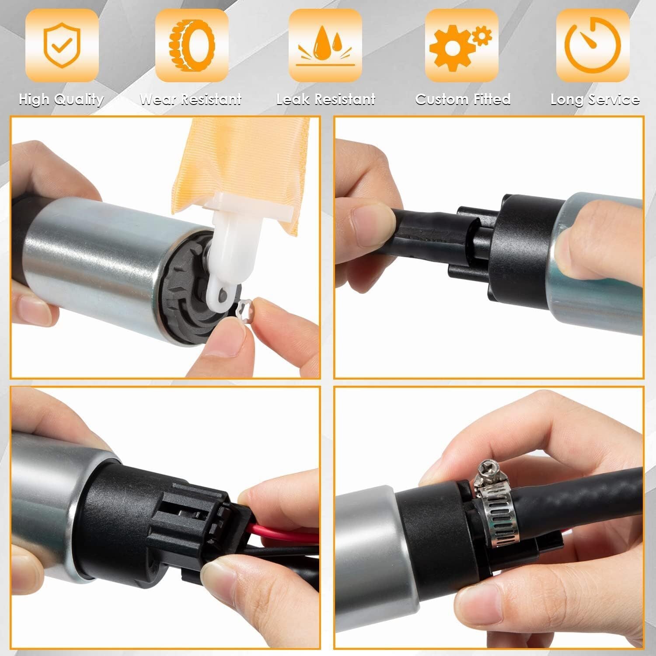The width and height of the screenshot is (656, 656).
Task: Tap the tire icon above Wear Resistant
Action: click(192, 45)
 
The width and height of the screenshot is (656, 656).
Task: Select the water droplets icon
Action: click(325, 45)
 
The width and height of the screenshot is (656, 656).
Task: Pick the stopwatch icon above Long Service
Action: click(593, 45)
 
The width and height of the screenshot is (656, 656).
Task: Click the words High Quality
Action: click(62, 100)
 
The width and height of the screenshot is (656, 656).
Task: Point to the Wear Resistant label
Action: click(191, 100)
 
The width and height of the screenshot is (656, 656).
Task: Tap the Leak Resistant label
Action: click(326, 100)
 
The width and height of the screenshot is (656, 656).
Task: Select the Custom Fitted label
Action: click(463, 99)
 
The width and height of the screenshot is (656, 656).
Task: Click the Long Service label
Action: click(595, 100)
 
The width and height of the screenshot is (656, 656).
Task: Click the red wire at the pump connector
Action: click(284, 534)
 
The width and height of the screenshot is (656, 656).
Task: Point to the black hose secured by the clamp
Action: click(582, 499)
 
